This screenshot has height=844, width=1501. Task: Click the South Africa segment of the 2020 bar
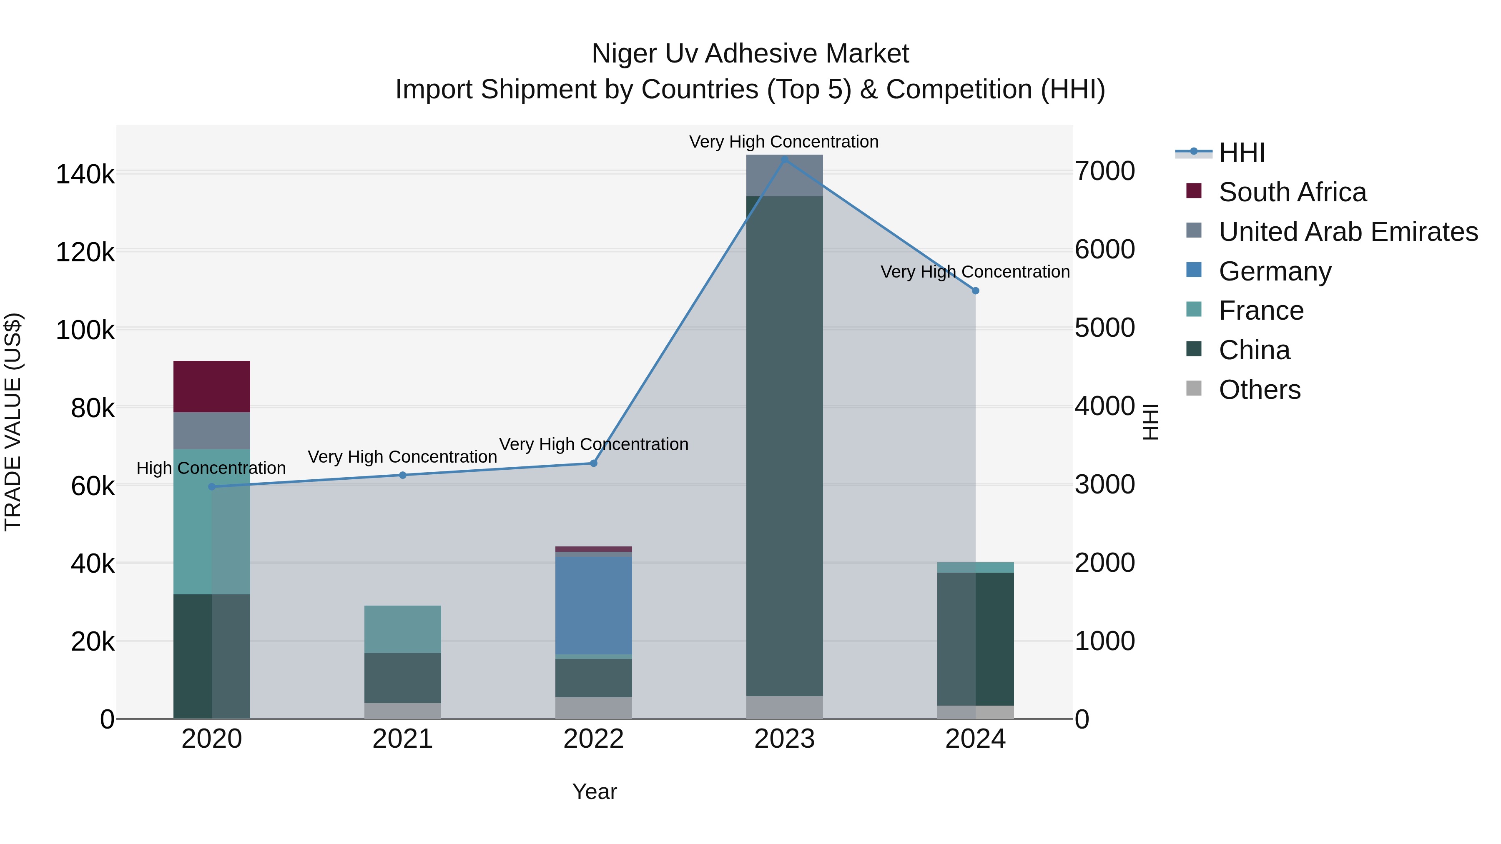point(211,386)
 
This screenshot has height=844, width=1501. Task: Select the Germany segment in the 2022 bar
point(593,605)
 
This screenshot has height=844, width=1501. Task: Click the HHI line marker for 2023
point(784,159)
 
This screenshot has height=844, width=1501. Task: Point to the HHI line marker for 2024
point(975,291)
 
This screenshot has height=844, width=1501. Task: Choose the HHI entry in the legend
point(1241,153)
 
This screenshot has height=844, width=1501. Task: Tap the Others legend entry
point(1259,390)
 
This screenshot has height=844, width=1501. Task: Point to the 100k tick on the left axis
point(85,330)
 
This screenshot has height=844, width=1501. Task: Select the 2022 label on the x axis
point(593,739)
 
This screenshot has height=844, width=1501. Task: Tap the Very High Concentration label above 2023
point(784,142)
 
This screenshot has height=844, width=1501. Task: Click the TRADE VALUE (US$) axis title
point(13,422)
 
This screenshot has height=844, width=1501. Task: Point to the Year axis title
point(594,791)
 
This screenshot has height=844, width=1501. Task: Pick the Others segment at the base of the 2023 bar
point(784,707)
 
